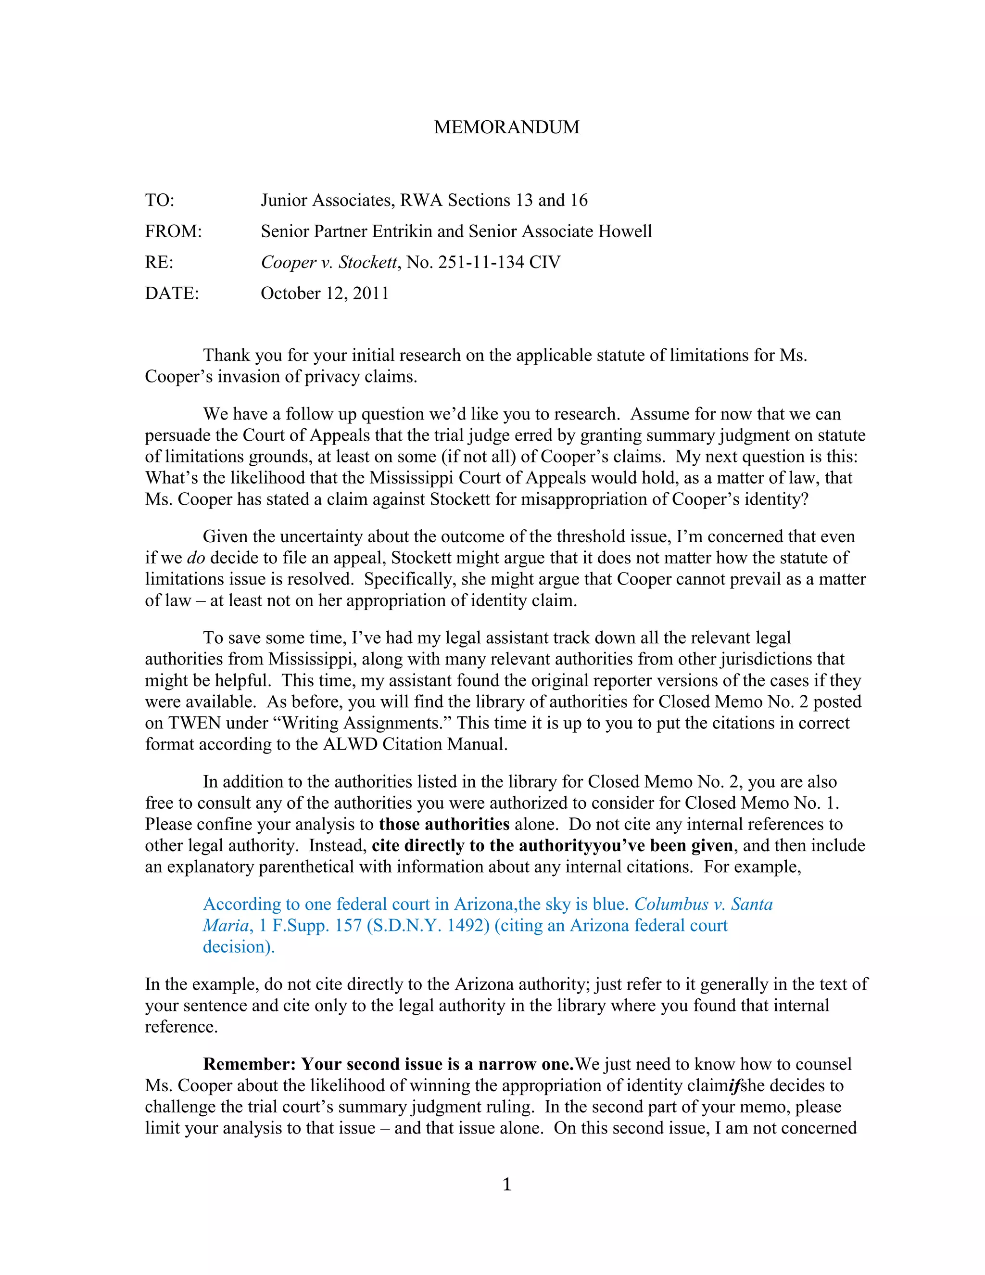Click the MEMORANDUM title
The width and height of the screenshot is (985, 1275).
506,127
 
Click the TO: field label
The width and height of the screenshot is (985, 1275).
159,200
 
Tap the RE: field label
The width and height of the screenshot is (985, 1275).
159,262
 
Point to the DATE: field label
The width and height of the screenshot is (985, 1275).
172,293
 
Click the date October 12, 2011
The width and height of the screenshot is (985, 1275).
325,293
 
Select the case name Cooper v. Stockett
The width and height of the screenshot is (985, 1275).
328,262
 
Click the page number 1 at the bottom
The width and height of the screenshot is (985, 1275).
506,1185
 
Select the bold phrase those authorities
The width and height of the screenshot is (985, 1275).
444,824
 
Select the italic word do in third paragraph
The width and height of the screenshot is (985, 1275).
196,558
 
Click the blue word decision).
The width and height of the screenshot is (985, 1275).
238,947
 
